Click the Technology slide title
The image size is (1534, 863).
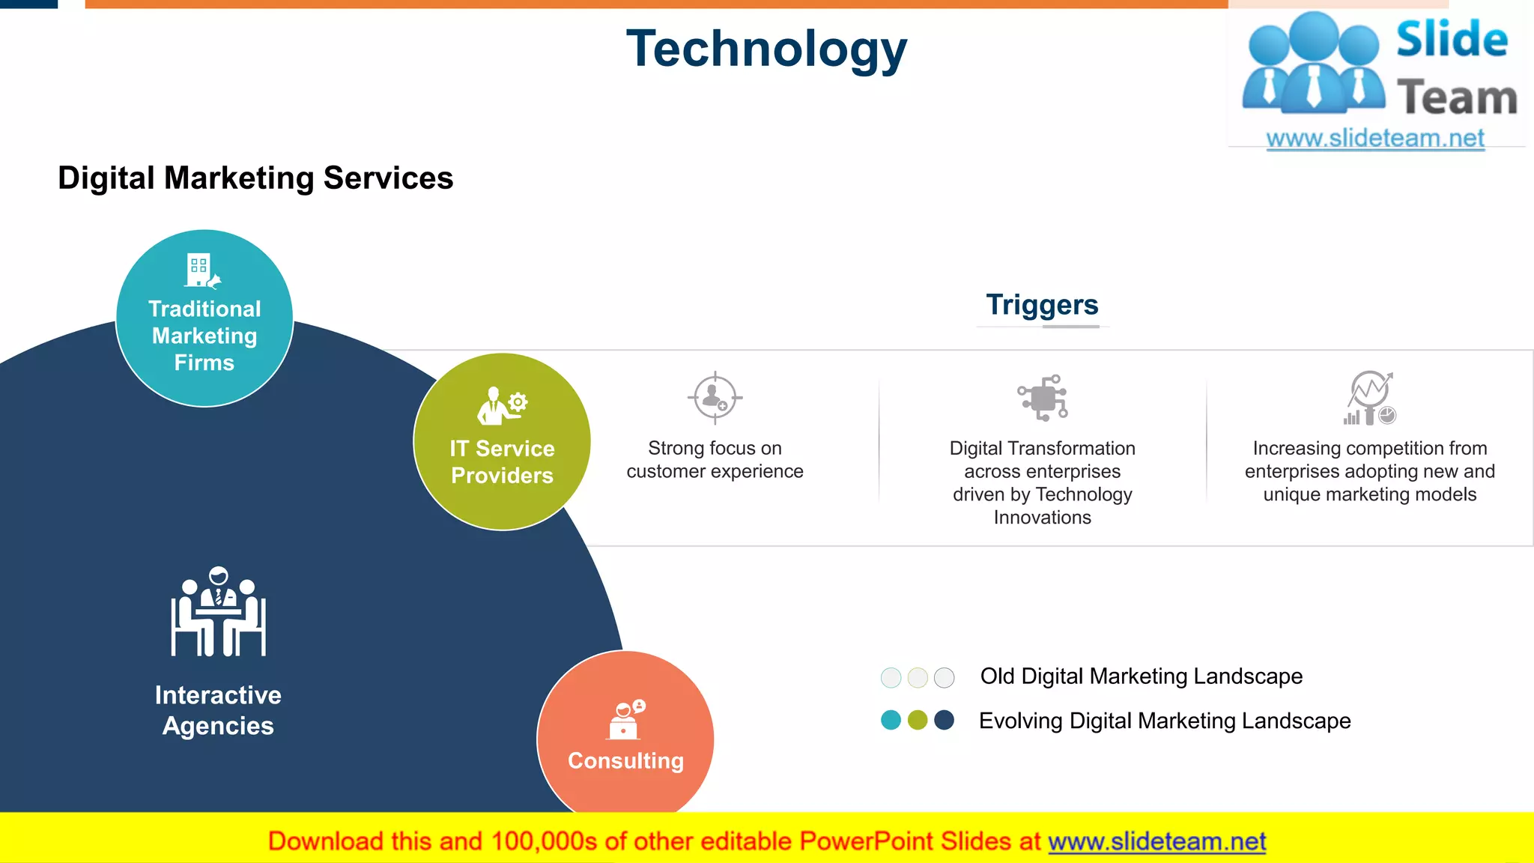click(766, 49)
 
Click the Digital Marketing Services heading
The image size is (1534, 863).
click(255, 178)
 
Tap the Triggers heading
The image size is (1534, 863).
click(1041, 305)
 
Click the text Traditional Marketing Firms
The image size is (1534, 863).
click(204, 336)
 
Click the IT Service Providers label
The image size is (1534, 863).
click(502, 461)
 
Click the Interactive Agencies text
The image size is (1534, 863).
click(218, 710)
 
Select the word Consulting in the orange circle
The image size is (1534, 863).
click(625, 760)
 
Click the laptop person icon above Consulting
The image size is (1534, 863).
click(626, 719)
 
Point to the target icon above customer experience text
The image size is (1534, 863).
click(715, 398)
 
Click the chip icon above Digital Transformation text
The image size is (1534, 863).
click(1043, 398)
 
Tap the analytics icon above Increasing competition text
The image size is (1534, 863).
click(1370, 398)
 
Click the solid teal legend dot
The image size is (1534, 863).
click(891, 720)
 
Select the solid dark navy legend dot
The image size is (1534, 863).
click(945, 720)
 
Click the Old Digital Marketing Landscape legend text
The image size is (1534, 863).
click(1141, 676)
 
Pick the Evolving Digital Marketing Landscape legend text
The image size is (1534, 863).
click(1165, 721)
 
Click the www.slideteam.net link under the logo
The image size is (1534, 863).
click(1374, 139)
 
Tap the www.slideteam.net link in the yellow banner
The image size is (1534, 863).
click(1156, 841)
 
